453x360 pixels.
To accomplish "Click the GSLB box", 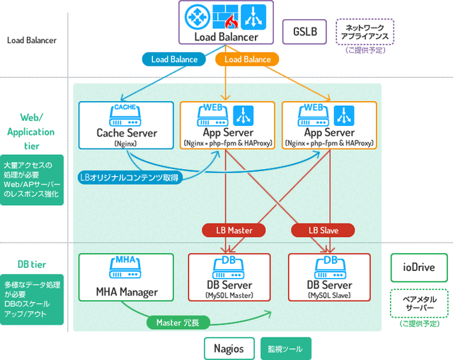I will coord(304,32).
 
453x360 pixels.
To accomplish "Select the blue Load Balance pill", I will coord(174,59).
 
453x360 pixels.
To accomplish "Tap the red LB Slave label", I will coord(323,230).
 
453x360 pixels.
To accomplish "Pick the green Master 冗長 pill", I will coord(178,323).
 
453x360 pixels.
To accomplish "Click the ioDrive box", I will coord(420,268).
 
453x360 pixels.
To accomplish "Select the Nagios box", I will coord(229,348).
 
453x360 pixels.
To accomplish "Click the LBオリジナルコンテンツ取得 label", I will coord(130,177).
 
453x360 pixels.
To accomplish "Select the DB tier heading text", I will coord(32,265).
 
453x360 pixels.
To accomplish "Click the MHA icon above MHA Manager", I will coord(125,265).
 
